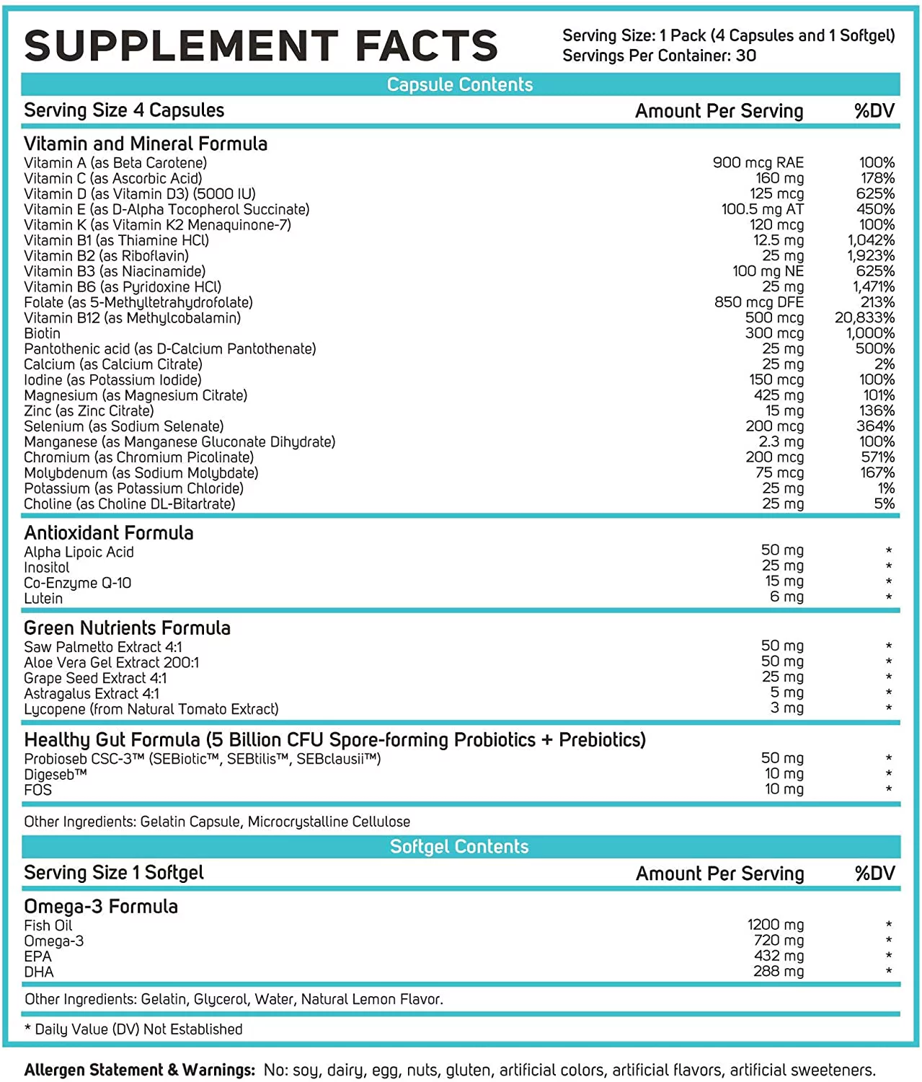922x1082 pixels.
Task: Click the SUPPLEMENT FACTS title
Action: tap(261, 45)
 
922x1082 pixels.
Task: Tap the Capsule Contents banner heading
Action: tap(460, 84)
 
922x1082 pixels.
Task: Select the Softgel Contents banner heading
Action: tap(459, 846)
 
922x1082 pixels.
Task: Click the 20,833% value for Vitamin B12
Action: tap(864, 317)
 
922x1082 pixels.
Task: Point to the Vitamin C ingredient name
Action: tap(113, 178)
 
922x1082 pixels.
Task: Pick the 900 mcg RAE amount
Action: tap(758, 162)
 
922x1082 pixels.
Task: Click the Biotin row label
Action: tap(43, 333)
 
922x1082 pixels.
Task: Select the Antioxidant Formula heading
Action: tap(109, 532)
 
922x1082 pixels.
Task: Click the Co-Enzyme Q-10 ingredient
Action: tap(78, 583)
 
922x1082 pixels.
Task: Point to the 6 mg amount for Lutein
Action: tap(786, 597)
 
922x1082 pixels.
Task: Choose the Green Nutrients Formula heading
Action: tap(127, 628)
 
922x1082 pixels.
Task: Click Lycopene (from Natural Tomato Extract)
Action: tap(151, 709)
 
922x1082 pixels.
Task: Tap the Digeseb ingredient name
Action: tap(56, 774)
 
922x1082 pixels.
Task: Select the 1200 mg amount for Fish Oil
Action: tap(775, 924)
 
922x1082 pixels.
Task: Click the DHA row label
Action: tap(39, 972)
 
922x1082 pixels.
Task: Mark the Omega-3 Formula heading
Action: tap(101, 906)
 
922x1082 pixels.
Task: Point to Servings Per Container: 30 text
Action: tap(659, 56)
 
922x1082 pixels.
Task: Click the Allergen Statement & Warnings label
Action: tap(140, 1070)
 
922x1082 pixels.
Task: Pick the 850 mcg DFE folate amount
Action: tap(758, 302)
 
